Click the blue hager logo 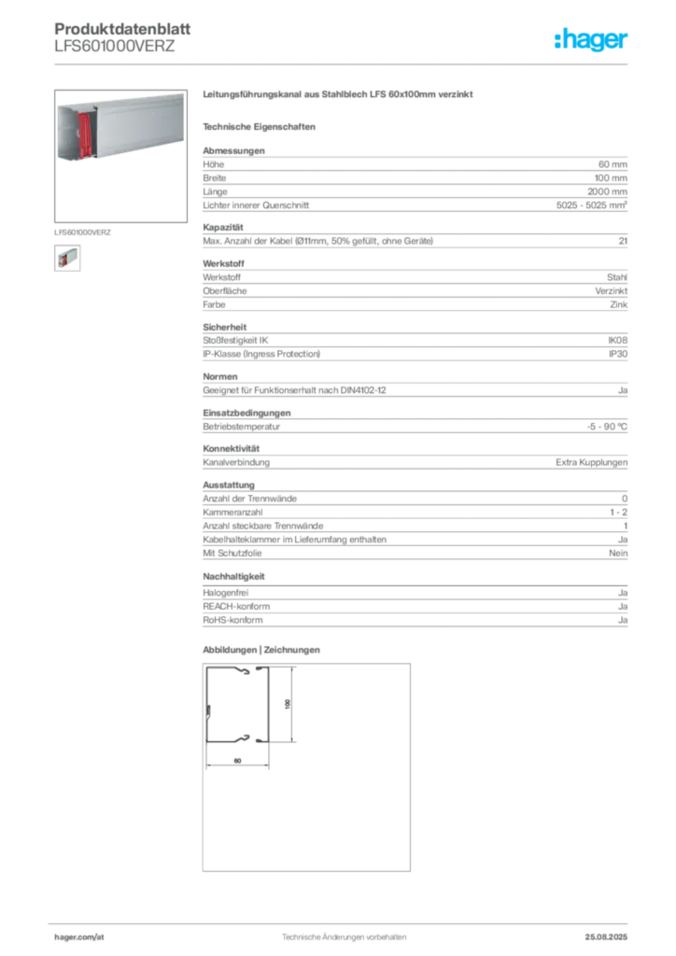click(x=592, y=41)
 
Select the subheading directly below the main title click(x=261, y=126)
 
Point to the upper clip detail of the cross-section click(x=245, y=670)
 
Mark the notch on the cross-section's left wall click(x=208, y=714)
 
